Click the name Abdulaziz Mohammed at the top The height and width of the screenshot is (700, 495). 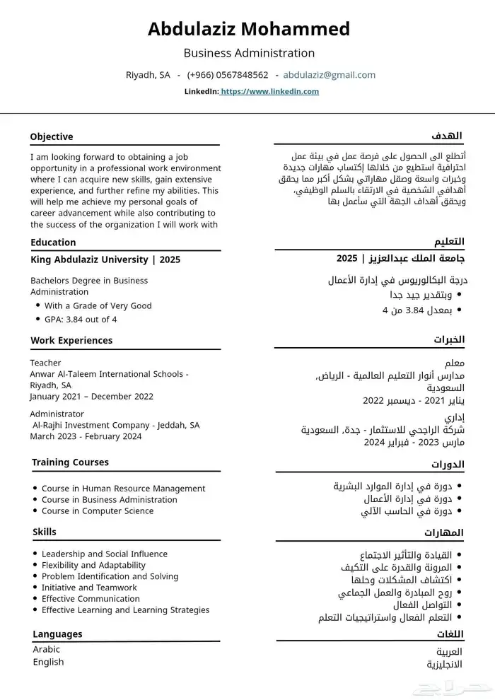(248, 29)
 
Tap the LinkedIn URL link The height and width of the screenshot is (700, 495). (269, 91)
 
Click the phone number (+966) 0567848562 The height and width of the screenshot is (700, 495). (228, 75)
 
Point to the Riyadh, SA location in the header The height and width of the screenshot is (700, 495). (148, 75)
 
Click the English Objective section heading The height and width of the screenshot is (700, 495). (52, 136)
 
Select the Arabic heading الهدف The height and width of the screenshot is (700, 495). (447, 136)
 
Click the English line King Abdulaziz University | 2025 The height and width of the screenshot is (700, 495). (105, 259)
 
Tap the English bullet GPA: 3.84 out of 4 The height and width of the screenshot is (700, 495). (81, 319)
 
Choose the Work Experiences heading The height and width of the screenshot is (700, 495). (71, 340)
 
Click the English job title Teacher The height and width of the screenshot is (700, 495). (45, 363)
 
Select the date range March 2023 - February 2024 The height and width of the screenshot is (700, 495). (86, 436)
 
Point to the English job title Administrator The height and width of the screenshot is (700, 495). (57, 414)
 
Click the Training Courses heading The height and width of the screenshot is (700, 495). (70, 462)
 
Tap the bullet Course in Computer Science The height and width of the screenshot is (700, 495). (97, 511)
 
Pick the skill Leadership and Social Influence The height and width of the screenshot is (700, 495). (104, 554)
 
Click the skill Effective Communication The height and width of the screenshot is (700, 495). (91, 598)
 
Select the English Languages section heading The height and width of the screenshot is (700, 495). (57, 634)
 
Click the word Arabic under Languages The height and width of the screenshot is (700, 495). (47, 649)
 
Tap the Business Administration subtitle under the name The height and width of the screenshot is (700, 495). (249, 53)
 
